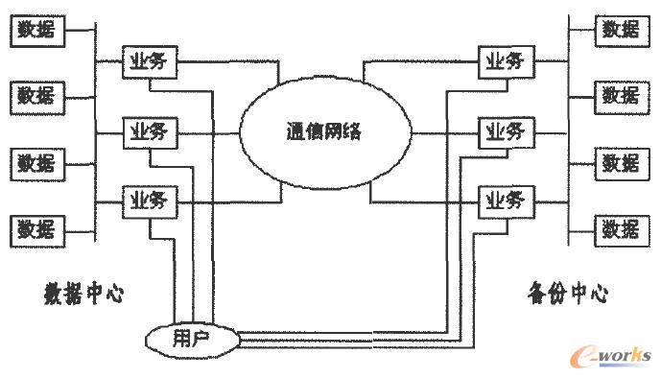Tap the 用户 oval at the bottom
[x=193, y=339]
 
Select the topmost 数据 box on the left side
[x=37, y=30]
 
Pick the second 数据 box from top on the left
[x=37, y=96]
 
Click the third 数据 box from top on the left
[x=37, y=163]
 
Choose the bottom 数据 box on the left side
[x=37, y=229]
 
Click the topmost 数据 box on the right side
[x=621, y=30]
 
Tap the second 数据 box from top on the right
[x=621, y=96]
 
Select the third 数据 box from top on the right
[x=621, y=163]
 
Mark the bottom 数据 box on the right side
[x=621, y=229]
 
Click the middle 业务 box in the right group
[x=505, y=130]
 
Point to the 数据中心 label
[x=83, y=291]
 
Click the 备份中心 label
[x=568, y=292]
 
